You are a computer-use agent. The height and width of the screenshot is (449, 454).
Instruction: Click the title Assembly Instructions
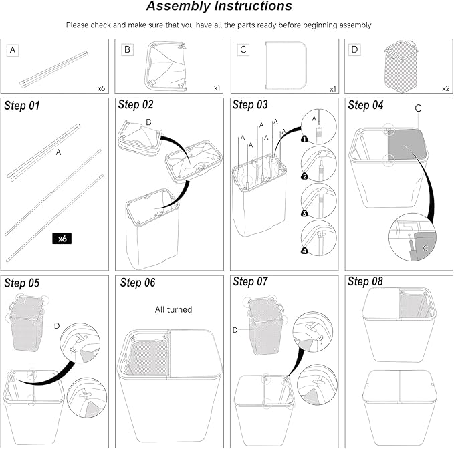(219, 7)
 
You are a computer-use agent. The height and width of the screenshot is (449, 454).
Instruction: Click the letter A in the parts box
(13, 50)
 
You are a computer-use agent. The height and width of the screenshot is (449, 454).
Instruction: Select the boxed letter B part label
(127, 50)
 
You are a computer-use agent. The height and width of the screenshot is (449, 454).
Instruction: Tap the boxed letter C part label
(243, 50)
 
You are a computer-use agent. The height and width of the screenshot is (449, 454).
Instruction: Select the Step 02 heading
(137, 105)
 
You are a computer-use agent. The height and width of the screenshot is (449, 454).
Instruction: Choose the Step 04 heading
(367, 105)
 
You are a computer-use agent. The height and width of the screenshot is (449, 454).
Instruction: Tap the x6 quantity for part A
(101, 88)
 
